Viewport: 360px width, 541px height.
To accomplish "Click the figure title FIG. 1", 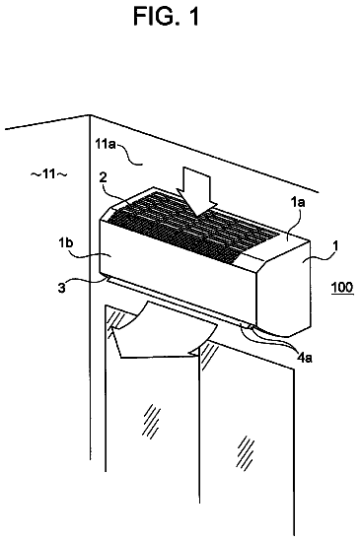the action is (166, 16).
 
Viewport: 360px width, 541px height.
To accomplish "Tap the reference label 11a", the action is (106, 143).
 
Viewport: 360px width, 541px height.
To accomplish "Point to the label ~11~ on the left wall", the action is (48, 173).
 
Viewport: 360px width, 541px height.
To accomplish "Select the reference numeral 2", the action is (103, 177).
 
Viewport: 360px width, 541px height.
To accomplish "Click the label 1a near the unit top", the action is (298, 202).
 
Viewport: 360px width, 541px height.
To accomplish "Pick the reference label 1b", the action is (65, 242).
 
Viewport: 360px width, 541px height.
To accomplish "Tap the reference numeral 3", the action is (62, 287).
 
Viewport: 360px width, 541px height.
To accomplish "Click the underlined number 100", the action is (342, 287).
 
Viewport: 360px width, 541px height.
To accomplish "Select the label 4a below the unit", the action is (305, 358).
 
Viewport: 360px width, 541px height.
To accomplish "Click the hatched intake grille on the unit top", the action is (191, 221).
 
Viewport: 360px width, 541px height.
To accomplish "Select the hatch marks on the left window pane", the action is (151, 419).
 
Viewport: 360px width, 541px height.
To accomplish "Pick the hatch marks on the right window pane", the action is (246, 451).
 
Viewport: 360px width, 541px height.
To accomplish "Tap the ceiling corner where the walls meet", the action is (90, 115).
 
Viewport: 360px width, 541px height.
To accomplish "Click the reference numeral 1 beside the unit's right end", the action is (334, 246).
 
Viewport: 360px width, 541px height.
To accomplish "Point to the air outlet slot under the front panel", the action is (178, 301).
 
